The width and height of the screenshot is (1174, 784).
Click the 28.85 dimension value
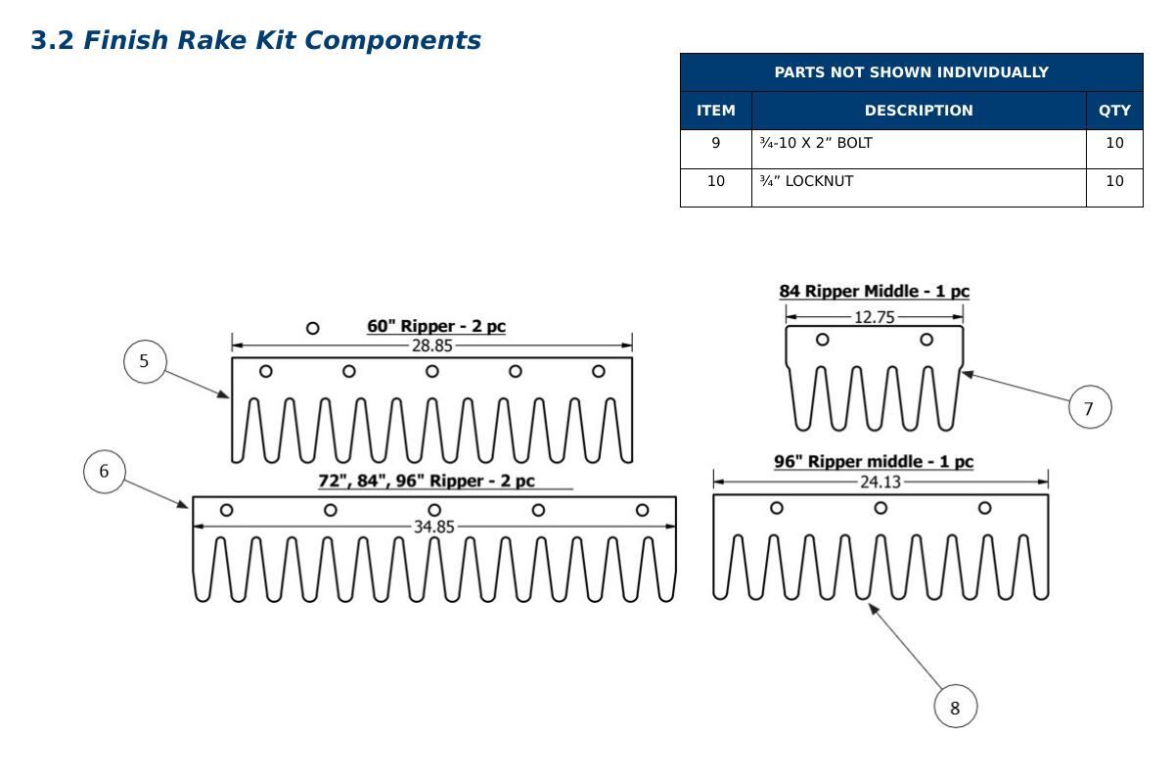pyautogui.click(x=431, y=346)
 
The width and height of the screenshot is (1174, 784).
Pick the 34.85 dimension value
pyautogui.click(x=434, y=527)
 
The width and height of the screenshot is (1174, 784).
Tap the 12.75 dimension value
pyautogui.click(x=875, y=317)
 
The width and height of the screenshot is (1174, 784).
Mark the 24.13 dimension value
pyautogui.click(x=880, y=482)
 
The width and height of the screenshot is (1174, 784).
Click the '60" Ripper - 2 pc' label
pyautogui.click(x=436, y=326)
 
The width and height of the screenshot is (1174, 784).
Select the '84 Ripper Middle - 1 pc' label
pyautogui.click(x=875, y=291)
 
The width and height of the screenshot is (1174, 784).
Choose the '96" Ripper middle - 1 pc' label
pyautogui.click(x=874, y=461)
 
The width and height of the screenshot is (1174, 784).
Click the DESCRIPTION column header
pyautogui.click(x=919, y=111)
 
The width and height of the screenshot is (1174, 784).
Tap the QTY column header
pyautogui.click(x=1114, y=111)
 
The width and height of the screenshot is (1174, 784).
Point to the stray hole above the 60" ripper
pyautogui.click(x=312, y=328)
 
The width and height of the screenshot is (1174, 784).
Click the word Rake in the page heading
pyautogui.click(x=211, y=40)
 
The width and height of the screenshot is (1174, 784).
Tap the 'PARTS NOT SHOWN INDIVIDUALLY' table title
pyautogui.click(x=912, y=71)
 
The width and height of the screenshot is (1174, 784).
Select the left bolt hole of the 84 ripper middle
pyautogui.click(x=823, y=340)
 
